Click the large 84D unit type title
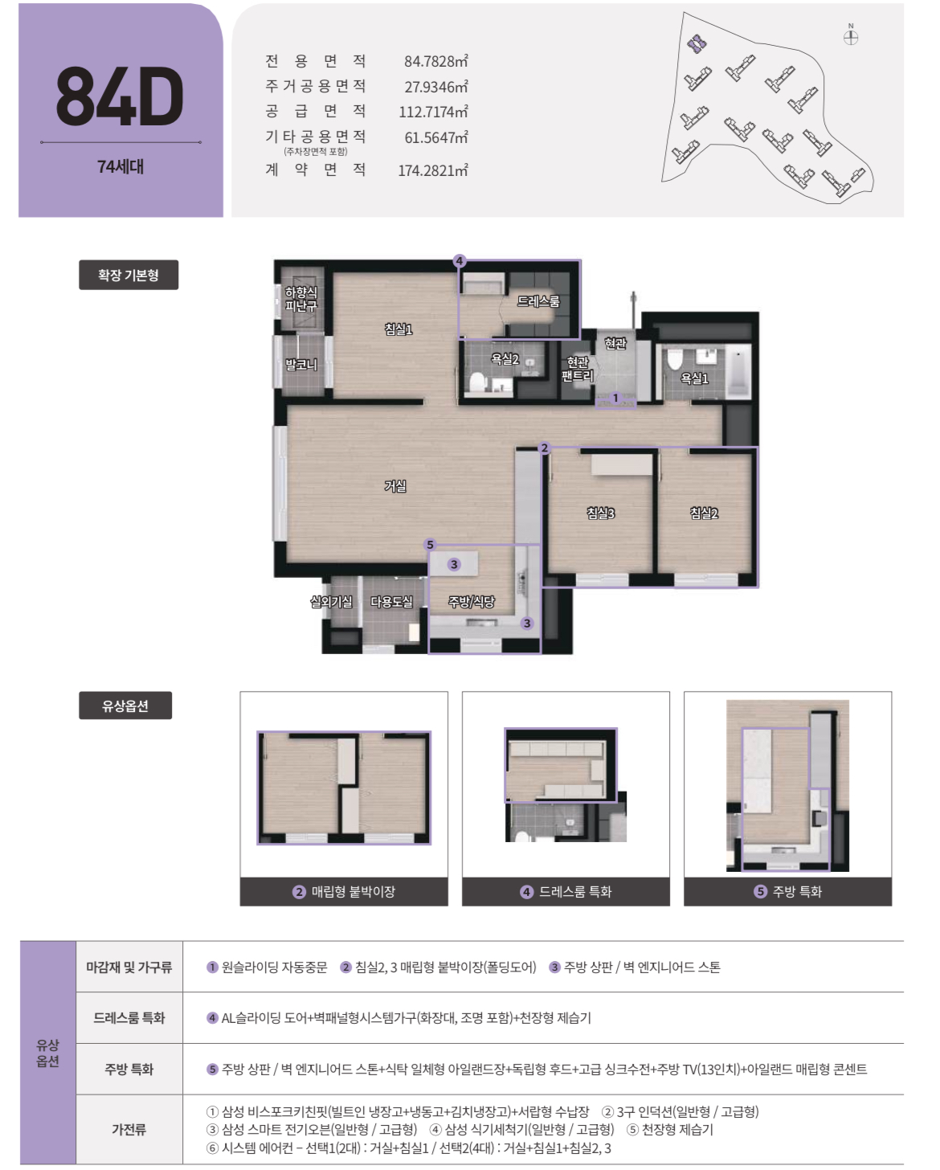[x=120, y=96]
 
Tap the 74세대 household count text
[x=121, y=166]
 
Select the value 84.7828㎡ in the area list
[x=435, y=61]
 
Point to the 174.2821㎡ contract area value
[x=433, y=170]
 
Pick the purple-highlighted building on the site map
[x=697, y=43]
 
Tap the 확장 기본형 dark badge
[x=129, y=275]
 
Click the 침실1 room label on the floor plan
[x=398, y=329]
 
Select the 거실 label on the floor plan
[x=395, y=485]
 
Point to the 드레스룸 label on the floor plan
[x=537, y=301]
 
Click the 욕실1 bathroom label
[x=694, y=378]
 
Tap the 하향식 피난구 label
[x=300, y=299]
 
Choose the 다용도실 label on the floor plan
[x=391, y=601]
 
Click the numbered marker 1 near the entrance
[x=615, y=398]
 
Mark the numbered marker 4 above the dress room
[x=460, y=261]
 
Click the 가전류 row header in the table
[x=129, y=1129]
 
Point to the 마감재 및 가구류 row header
[x=129, y=967]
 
